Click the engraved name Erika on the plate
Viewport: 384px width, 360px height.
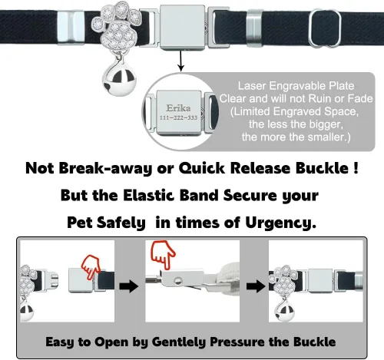pos(178,108)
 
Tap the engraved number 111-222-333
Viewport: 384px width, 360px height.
pos(178,117)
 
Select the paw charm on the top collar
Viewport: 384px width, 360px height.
pos(117,28)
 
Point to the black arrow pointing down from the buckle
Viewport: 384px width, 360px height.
pos(181,61)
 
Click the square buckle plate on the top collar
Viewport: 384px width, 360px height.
pos(183,28)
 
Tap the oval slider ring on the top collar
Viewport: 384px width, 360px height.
pos(325,28)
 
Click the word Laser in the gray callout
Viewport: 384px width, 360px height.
pos(252,86)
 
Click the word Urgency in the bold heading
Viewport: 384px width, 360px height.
pos(281,223)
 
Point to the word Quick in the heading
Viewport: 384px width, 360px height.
pos(202,168)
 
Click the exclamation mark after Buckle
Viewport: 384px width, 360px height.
pos(356,168)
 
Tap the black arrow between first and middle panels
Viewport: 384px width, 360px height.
pos(129,286)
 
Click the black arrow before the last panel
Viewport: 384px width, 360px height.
pos(256,286)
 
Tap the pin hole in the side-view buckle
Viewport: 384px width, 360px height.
pos(177,280)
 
